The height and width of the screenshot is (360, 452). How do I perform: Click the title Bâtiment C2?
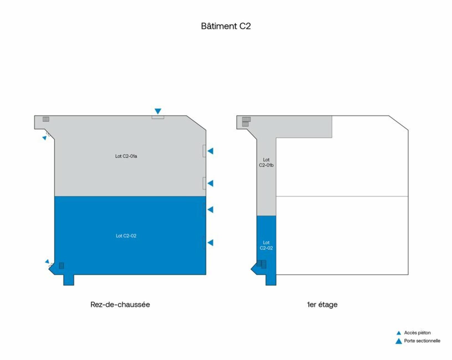click(x=226, y=26)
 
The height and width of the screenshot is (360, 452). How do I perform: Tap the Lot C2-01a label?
click(x=126, y=156)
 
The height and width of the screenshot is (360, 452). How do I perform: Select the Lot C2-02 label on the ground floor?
click(x=126, y=236)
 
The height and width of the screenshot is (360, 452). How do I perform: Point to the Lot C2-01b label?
click(x=266, y=162)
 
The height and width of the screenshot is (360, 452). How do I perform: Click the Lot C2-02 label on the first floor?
click(x=266, y=245)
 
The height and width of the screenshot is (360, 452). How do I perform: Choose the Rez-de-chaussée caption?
click(x=120, y=304)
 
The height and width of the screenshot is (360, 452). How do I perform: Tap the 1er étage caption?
click(x=322, y=305)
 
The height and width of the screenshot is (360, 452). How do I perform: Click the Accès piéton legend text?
click(x=417, y=333)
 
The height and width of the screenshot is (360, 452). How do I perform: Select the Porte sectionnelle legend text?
click(x=422, y=341)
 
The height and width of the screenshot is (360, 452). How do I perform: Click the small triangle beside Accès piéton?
click(x=399, y=333)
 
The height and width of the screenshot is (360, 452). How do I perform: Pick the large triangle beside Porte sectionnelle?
click(x=399, y=341)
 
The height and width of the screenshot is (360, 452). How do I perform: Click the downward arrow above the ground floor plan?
click(x=158, y=111)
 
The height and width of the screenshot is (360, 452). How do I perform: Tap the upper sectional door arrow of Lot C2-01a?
click(x=211, y=151)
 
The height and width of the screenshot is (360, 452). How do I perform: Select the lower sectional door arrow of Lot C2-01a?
click(x=211, y=183)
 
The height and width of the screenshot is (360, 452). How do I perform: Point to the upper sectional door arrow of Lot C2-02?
click(x=211, y=210)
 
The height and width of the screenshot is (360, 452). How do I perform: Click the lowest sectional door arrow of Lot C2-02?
click(x=211, y=243)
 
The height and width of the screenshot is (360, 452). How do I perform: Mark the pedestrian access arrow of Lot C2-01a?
click(x=44, y=138)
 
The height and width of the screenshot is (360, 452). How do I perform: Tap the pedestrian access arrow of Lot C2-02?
click(x=47, y=261)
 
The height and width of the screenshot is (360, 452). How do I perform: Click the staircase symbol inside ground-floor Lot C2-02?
click(x=62, y=266)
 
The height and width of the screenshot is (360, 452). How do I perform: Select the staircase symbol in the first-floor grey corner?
click(x=246, y=122)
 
